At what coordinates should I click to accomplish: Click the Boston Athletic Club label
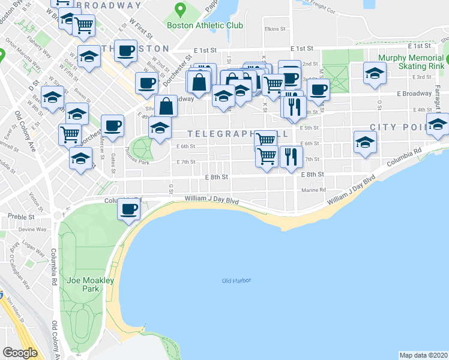click(x=205, y=26)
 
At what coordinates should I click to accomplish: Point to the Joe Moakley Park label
click(x=82, y=284)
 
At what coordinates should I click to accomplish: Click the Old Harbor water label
click(x=236, y=281)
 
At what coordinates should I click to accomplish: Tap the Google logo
click(x=20, y=352)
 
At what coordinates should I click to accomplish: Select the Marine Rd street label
click(x=314, y=190)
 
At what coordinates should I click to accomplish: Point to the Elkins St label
click(x=273, y=28)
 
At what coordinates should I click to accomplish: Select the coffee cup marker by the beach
click(x=129, y=209)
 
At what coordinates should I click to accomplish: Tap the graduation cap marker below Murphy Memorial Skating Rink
click(x=375, y=74)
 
